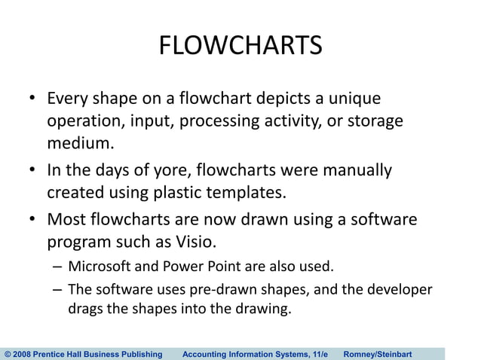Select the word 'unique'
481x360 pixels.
point(355,99)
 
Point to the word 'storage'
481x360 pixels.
point(376,121)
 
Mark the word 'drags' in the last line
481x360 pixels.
point(85,309)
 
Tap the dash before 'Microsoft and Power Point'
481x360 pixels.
point(58,267)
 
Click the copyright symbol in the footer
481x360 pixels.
point(8,353)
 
